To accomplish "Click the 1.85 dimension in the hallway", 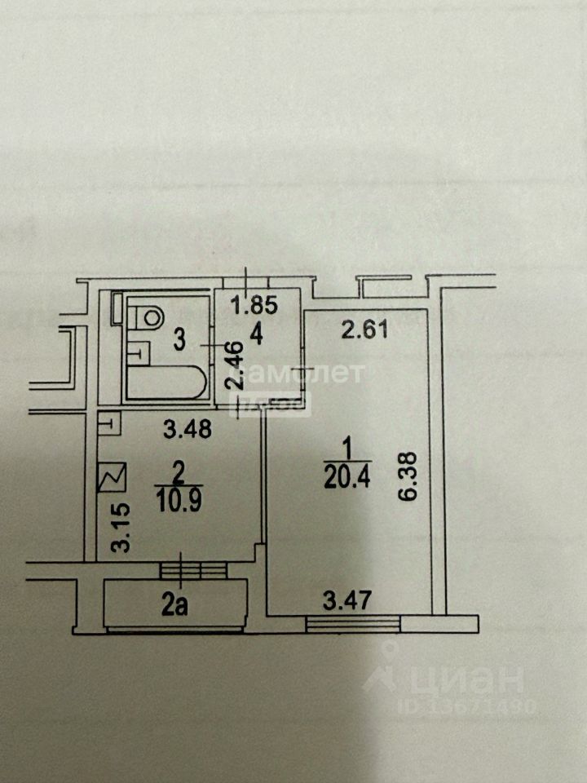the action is pyautogui.click(x=254, y=307).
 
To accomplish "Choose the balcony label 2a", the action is pyautogui.click(x=174, y=606).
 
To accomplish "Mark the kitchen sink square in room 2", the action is pyautogui.click(x=108, y=422).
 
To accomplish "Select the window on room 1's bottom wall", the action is pyautogui.click(x=353, y=624).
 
